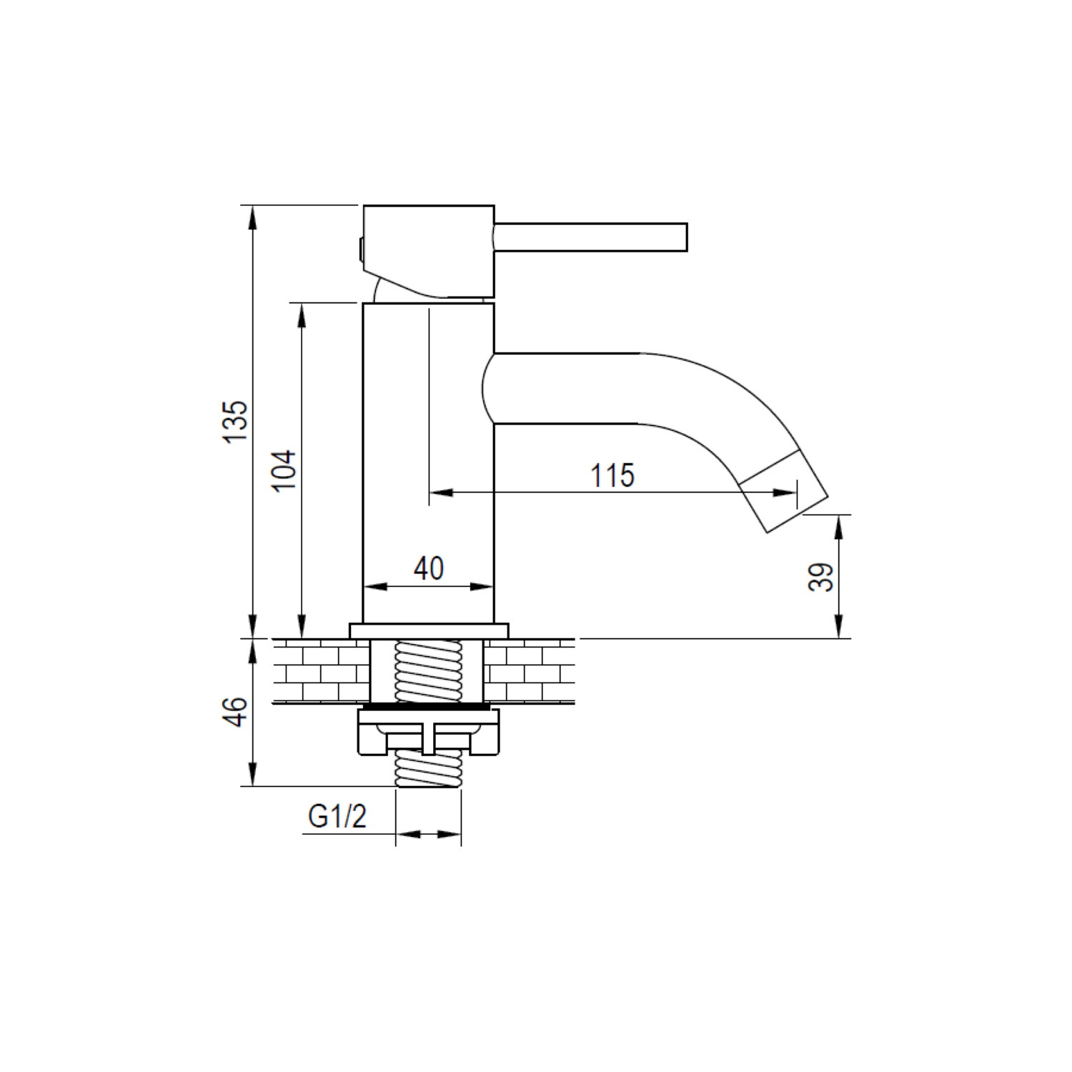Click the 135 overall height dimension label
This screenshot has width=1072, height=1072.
(x=237, y=422)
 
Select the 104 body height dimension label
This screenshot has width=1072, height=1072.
(x=285, y=470)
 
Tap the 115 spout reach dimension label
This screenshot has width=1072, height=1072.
(x=612, y=475)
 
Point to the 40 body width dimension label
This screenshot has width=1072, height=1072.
(x=429, y=569)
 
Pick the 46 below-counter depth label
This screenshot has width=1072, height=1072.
(x=237, y=712)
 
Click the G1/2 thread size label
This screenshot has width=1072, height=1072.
(x=337, y=815)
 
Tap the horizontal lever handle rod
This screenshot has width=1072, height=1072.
(x=590, y=237)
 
